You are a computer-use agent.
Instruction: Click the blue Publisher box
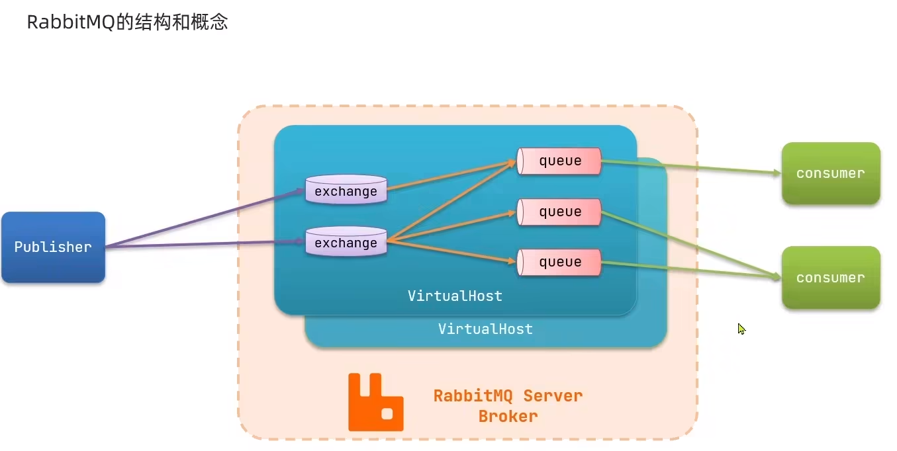tap(53, 247)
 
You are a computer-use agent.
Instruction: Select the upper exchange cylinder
tap(346, 189)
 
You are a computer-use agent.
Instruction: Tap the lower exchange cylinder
tap(346, 241)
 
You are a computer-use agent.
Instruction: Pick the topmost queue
tap(559, 161)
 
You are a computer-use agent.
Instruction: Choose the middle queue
tap(559, 212)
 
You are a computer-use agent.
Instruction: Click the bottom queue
tap(559, 262)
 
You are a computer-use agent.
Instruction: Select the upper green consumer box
tap(831, 173)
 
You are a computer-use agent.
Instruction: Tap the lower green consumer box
tap(831, 277)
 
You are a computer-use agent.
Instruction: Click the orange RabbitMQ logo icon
tap(375, 402)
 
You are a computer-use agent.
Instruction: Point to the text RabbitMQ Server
tap(508, 395)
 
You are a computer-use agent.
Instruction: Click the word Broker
tap(508, 416)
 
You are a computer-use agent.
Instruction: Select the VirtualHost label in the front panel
tap(455, 296)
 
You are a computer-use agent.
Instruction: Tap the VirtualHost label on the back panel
tap(485, 329)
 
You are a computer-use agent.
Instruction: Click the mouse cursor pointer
tap(741, 329)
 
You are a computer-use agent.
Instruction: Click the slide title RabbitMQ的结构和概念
tap(127, 22)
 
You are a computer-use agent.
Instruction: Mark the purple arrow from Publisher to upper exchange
tap(205, 218)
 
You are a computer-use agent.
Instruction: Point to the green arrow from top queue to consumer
tap(691, 167)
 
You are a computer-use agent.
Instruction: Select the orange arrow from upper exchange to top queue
tap(451, 175)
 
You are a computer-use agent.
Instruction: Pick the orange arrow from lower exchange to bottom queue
tap(451, 251)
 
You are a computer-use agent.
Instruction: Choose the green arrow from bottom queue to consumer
tap(691, 269)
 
